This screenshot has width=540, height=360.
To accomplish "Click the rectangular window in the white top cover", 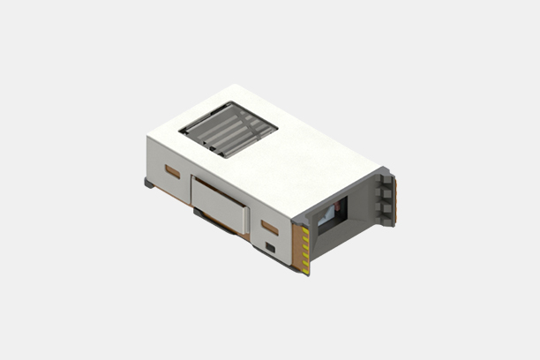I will [228, 129].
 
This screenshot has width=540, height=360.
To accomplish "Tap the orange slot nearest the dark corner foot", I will [172, 171].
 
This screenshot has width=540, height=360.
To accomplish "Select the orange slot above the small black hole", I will [270, 228].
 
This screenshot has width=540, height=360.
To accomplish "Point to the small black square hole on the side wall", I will [270, 246].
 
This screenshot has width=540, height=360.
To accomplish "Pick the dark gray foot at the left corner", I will [149, 184].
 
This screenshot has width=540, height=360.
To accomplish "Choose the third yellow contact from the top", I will [306, 248].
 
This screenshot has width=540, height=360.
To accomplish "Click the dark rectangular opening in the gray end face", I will [332, 214].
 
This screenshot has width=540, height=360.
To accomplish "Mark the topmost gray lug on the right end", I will [383, 182].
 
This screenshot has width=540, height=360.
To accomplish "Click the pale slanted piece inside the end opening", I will [325, 217].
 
